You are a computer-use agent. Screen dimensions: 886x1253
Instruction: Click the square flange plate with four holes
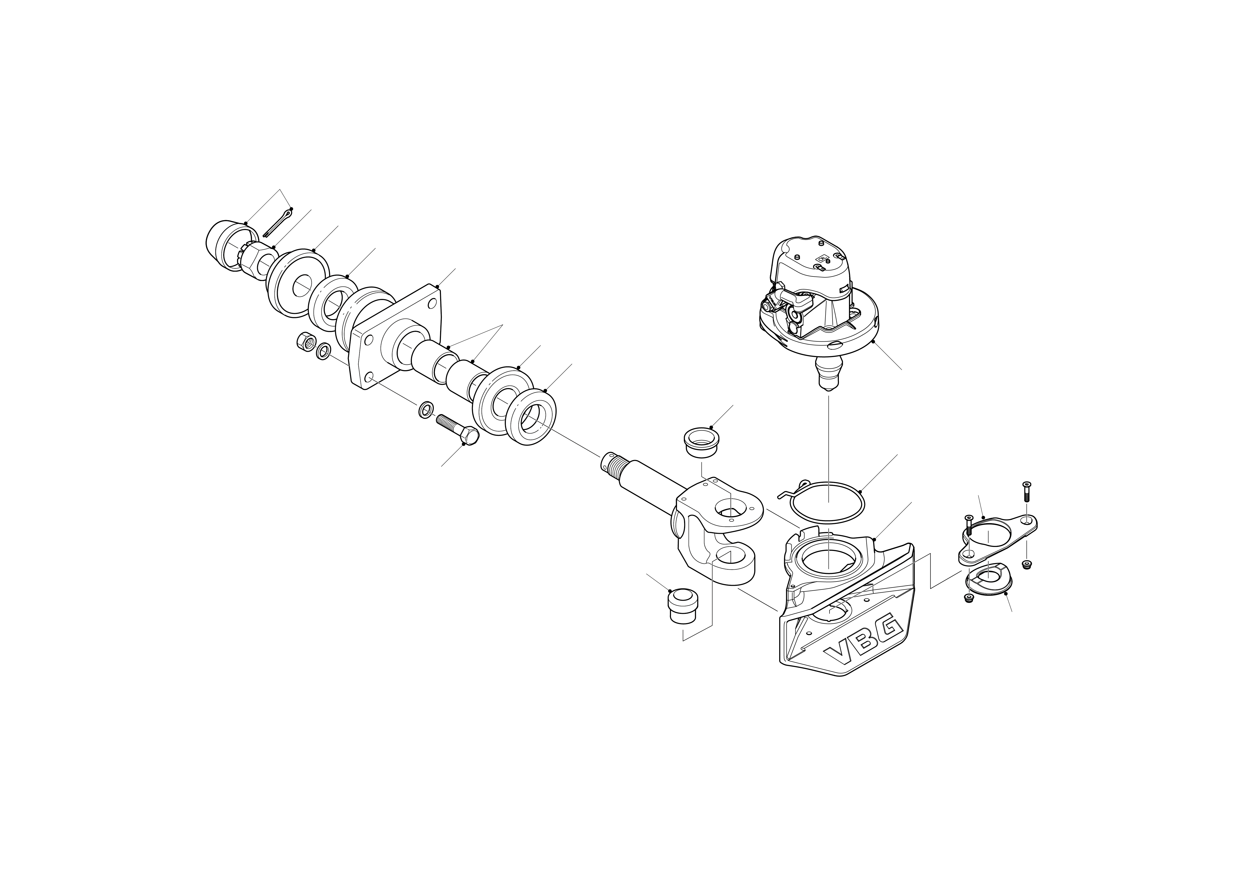(x=396, y=338)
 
